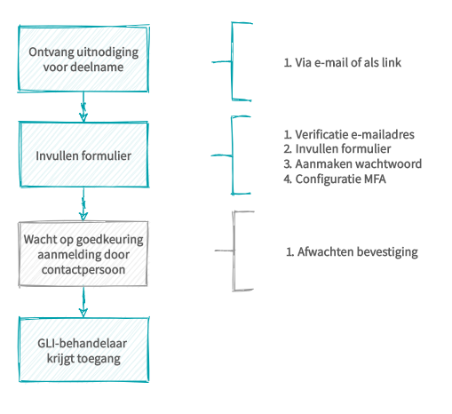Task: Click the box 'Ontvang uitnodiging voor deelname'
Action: pyautogui.click(x=83, y=59)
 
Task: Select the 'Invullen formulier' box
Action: pyautogui.click(x=83, y=155)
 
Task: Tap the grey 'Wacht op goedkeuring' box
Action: pyautogui.click(x=83, y=254)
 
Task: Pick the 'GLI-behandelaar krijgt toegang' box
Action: pyautogui.click(x=83, y=350)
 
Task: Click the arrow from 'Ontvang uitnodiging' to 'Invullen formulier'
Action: pyautogui.click(x=83, y=107)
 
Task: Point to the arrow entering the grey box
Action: pyautogui.click(x=83, y=204)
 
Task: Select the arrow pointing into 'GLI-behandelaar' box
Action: pyautogui.click(x=83, y=302)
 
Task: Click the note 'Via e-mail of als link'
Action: pyautogui.click(x=343, y=63)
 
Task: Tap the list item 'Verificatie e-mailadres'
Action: pyautogui.click(x=349, y=135)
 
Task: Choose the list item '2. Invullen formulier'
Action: pyautogui.click(x=337, y=148)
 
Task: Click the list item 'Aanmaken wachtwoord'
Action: pyautogui.click(x=353, y=163)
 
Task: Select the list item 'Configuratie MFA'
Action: pyautogui.click(x=335, y=179)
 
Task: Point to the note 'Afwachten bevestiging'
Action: pyautogui.click(x=352, y=251)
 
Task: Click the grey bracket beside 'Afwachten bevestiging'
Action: pyautogui.click(x=234, y=251)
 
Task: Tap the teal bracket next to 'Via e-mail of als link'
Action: pyautogui.click(x=233, y=62)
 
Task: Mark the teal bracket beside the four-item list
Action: pyautogui.click(x=232, y=155)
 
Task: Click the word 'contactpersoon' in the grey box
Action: pyautogui.click(x=83, y=270)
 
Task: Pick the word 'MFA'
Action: pyautogui.click(x=375, y=179)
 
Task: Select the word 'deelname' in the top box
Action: pyautogui.click(x=98, y=68)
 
